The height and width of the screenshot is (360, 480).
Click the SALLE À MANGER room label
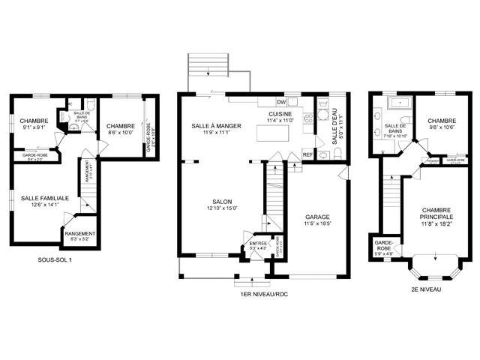(216, 126)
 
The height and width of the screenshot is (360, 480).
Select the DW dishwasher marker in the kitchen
(281, 101)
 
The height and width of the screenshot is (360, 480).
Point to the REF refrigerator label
(307, 154)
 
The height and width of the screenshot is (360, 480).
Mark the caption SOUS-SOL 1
(55, 259)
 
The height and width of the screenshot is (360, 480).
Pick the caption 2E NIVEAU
(424, 289)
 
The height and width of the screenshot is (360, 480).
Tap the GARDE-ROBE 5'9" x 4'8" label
(384, 247)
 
